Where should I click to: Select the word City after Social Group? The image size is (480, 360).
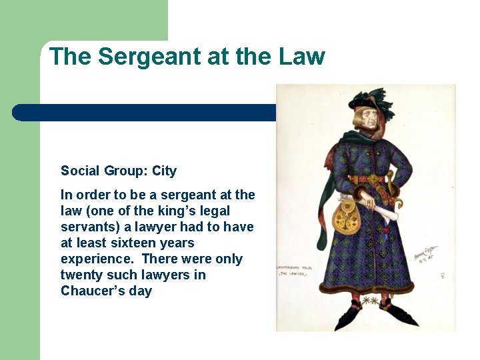point(164,171)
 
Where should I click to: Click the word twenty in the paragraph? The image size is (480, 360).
point(79,275)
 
